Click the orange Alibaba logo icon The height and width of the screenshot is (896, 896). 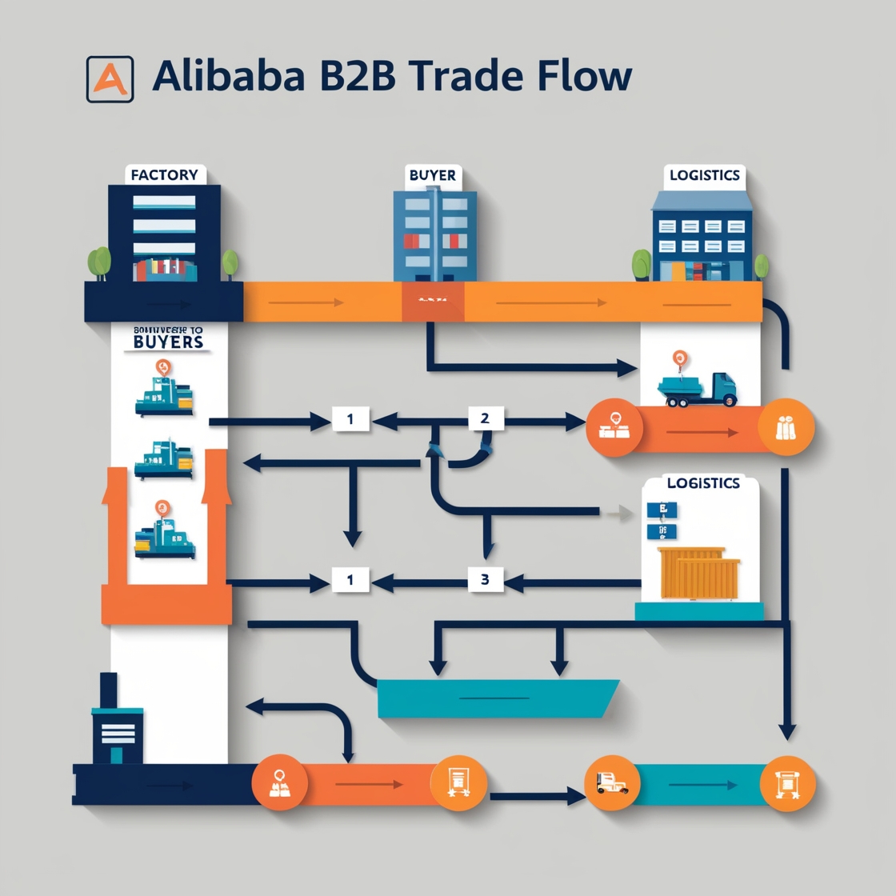point(110,78)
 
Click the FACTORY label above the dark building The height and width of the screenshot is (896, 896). point(165,175)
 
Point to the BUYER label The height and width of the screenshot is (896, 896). point(433,175)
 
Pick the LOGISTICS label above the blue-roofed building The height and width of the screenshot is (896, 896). point(705,175)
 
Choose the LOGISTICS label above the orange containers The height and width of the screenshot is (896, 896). point(703,483)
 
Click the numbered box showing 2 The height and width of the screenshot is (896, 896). point(485,418)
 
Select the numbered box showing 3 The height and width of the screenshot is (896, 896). point(485,580)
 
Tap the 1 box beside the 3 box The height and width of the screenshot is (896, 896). point(350,580)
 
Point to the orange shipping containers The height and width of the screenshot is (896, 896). point(698,573)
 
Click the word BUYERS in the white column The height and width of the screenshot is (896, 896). point(169,342)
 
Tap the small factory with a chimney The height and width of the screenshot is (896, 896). point(116,724)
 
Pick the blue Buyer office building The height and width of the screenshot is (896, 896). point(434,235)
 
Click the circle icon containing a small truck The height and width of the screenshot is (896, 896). point(612,783)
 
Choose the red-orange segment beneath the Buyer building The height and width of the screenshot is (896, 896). point(432,302)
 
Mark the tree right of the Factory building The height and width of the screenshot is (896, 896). point(230,263)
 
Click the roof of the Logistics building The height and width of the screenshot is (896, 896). point(702,200)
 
